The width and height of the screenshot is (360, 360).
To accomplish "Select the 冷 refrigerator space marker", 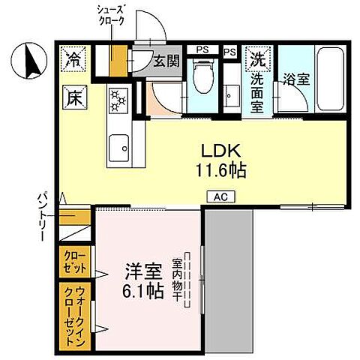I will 74,59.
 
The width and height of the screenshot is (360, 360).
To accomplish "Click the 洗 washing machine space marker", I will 258,57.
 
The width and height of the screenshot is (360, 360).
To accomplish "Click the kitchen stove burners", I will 118,99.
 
